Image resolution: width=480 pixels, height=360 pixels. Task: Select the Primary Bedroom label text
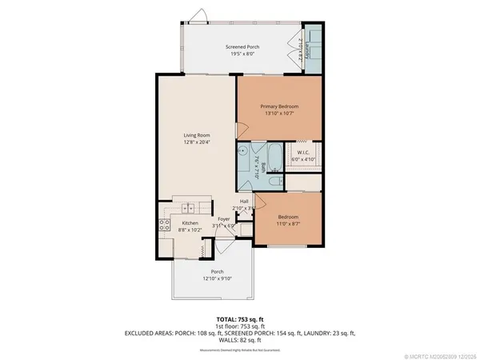(x=279, y=106)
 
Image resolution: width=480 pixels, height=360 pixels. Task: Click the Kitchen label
(x=190, y=222)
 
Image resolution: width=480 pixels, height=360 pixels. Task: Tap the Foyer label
(x=224, y=218)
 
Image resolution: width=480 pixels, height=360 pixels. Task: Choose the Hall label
(x=245, y=201)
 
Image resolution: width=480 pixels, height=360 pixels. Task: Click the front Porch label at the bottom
(x=213, y=271)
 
